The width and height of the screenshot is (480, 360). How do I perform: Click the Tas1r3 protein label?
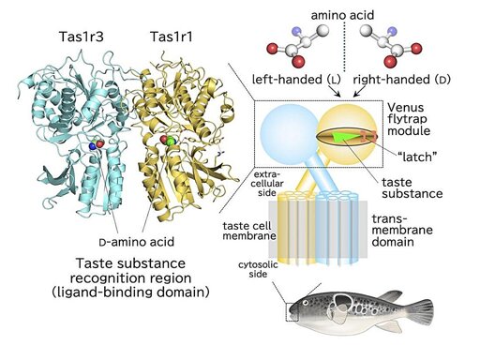pos(82,37)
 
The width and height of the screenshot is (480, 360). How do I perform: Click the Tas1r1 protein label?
pos(172,37)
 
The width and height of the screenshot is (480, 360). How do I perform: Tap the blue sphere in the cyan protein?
pos(93,145)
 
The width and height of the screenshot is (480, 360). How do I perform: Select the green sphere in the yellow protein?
pos(171,141)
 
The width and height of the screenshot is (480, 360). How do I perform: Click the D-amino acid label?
pos(136,242)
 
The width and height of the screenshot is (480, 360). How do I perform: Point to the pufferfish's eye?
pos(306,303)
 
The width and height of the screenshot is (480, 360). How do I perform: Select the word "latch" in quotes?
pos(416,157)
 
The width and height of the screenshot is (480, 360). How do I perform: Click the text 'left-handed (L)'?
pos(296,80)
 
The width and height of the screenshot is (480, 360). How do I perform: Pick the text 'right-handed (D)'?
pos(402,80)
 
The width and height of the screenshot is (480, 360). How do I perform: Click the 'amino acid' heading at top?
pos(342,15)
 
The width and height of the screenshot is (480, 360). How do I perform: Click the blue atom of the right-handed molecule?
pos(391,32)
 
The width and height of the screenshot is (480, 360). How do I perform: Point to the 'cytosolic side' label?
pos(258,269)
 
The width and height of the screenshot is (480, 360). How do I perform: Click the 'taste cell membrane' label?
pos(249,231)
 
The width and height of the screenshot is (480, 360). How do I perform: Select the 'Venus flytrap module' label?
pos(409,119)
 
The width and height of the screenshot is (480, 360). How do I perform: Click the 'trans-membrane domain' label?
pos(402,231)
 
